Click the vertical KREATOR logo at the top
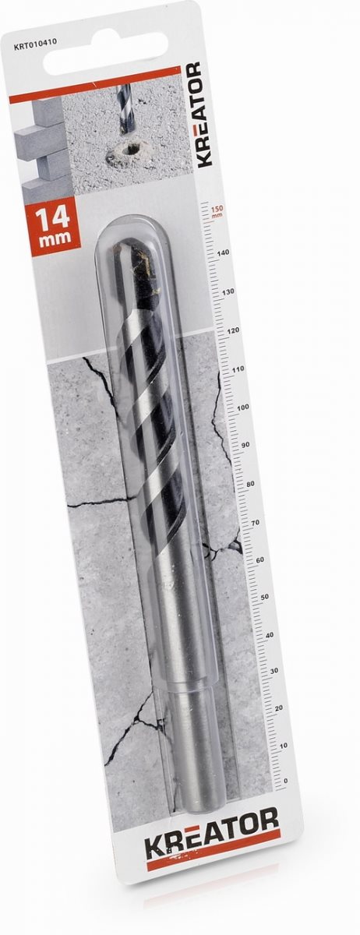click(204, 115)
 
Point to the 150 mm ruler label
click(217, 212)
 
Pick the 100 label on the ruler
click(243, 408)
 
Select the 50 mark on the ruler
click(264, 598)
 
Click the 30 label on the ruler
click(274, 671)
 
